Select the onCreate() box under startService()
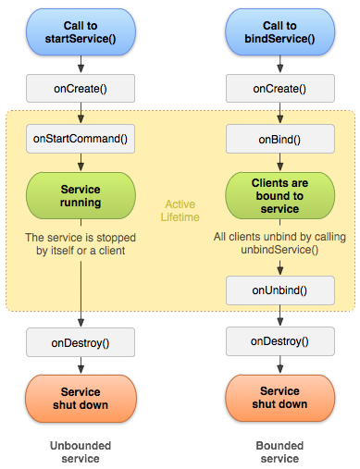coord(81,88)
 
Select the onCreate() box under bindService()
coord(279,88)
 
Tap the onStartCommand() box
coord(81,140)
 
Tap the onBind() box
coord(279,140)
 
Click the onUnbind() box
coord(279,290)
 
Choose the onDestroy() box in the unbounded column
coord(81,342)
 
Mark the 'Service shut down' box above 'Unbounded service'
coord(81,398)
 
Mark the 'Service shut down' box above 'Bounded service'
coord(279,398)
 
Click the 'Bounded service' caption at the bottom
coord(279,451)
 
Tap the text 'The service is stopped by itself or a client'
coord(81,243)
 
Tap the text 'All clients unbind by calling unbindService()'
coord(279,242)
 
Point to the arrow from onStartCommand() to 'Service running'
coord(81,163)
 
